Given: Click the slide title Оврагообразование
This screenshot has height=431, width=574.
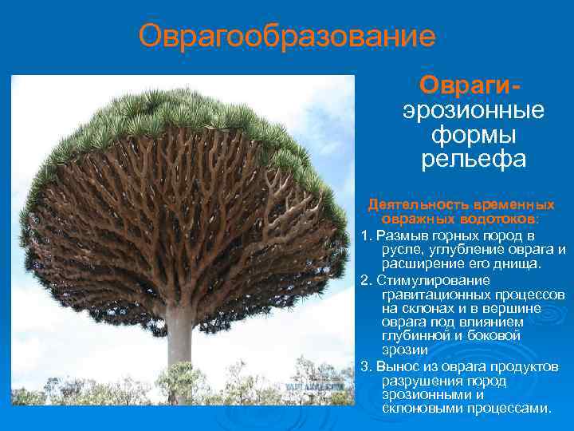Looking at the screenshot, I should pyautogui.click(x=286, y=36).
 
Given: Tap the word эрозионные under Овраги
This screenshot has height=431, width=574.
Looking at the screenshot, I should pyautogui.click(x=474, y=110).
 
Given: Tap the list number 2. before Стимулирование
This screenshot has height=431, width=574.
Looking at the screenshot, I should pyautogui.click(x=366, y=280).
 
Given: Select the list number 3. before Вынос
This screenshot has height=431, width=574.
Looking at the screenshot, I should pyautogui.click(x=366, y=366).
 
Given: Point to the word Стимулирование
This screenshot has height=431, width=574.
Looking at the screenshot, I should pyautogui.click(x=434, y=280).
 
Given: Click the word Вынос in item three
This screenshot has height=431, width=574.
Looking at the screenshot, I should pyautogui.click(x=396, y=366).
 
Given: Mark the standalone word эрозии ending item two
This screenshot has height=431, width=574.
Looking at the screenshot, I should pyautogui.click(x=404, y=350).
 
